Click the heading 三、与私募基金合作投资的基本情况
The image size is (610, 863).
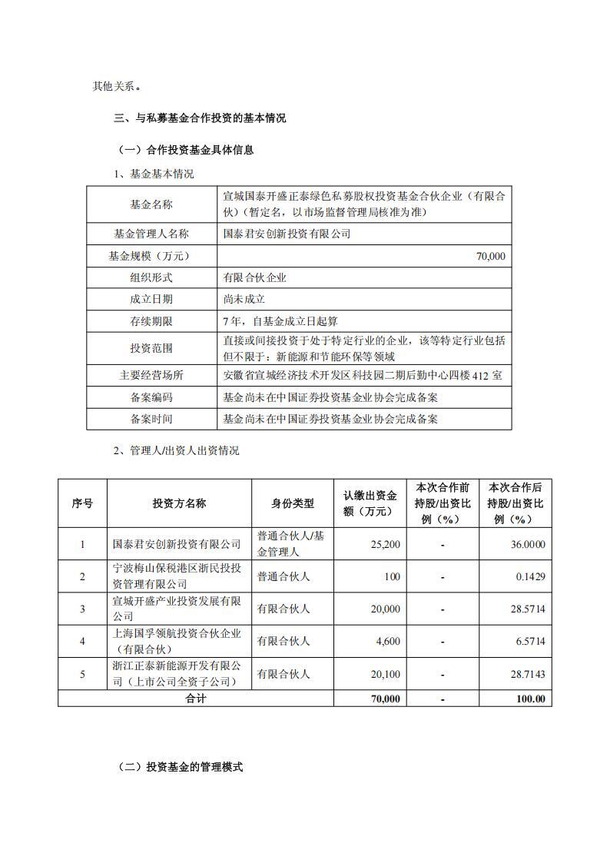[x=200, y=118]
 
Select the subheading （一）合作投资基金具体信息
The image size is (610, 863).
[x=184, y=150]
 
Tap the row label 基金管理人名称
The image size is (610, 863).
[x=151, y=234]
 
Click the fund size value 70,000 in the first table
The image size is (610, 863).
[x=491, y=256]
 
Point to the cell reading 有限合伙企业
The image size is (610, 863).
[x=254, y=277]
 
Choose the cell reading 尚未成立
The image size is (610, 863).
[x=244, y=299]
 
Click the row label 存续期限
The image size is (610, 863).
[x=151, y=320]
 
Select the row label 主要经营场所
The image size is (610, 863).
[x=151, y=376]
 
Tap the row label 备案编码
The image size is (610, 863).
[x=151, y=397]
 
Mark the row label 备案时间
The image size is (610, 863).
[x=151, y=419]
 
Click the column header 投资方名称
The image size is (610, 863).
[x=179, y=503]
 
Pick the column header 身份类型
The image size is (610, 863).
[x=292, y=503]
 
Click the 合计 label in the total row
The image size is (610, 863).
[x=196, y=699]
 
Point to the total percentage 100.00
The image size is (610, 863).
[x=530, y=699]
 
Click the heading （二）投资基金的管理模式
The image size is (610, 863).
[x=180, y=767]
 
